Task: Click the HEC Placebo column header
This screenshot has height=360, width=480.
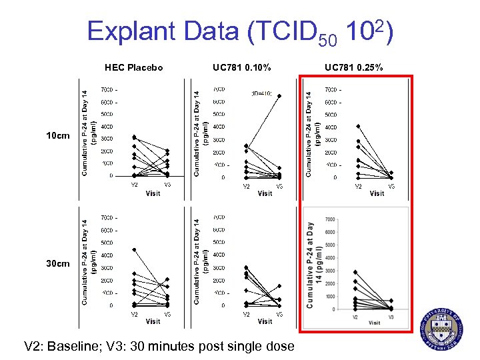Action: click(x=134, y=67)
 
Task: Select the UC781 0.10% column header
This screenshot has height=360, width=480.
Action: click(x=242, y=67)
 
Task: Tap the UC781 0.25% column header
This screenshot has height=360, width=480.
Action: click(x=354, y=67)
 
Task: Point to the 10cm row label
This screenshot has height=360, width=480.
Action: click(x=57, y=136)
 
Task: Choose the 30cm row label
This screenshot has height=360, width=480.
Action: click(x=57, y=264)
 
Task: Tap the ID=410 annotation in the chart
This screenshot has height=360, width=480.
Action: click(x=261, y=94)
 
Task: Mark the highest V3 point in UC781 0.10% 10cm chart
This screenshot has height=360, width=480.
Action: click(x=279, y=96)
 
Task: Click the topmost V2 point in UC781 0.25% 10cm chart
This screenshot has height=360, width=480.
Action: click(x=358, y=126)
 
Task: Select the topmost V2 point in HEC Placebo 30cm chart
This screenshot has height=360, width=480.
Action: click(x=134, y=249)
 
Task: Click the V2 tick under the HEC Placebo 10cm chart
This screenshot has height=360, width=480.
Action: click(x=134, y=185)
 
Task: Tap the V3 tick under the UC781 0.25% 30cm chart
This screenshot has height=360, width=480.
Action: click(x=391, y=317)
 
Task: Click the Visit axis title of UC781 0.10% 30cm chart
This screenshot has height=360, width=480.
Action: click(x=265, y=321)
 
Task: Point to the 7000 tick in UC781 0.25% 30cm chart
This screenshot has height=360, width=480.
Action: click(x=330, y=219)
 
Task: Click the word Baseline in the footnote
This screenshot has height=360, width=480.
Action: click(x=85, y=346)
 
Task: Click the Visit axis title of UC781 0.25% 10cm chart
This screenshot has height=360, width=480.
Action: click(x=377, y=193)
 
